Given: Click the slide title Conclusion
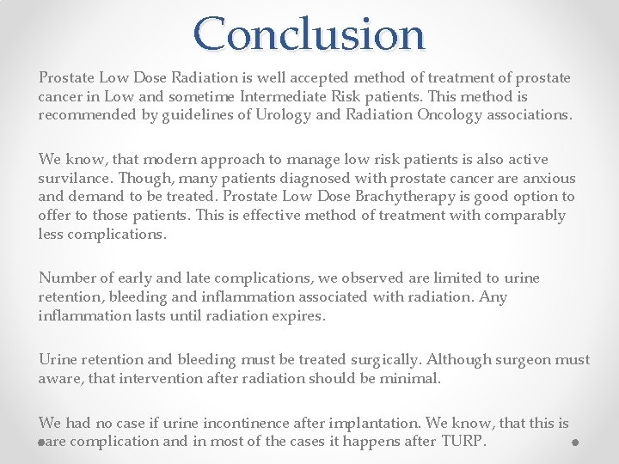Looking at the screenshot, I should [x=309, y=34].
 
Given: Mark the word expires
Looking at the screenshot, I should [x=297, y=315].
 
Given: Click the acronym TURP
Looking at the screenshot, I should [x=464, y=442].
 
